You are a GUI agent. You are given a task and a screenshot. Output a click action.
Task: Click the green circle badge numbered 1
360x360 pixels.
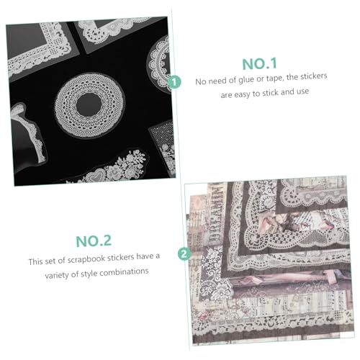point(174,82)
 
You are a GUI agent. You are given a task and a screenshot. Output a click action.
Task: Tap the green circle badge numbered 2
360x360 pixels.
point(184,254)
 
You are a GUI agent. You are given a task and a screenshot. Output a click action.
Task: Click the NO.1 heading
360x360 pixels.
point(260,64)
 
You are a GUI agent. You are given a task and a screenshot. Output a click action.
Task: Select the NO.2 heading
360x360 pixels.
point(94,241)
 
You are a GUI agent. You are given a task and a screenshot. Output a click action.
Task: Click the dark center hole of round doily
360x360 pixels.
point(89,104)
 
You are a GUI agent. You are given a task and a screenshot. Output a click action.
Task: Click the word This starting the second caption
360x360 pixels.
point(35,261)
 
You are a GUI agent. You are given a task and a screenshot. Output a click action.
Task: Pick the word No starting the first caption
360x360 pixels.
point(201,81)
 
